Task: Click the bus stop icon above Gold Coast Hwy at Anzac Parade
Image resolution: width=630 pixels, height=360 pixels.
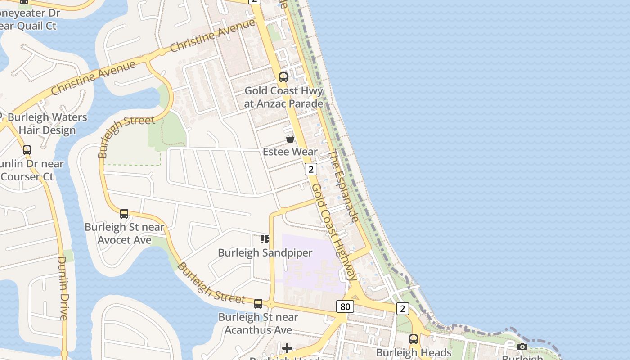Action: coord(283,77)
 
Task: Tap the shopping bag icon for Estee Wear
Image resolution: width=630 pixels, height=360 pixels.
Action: coord(290,139)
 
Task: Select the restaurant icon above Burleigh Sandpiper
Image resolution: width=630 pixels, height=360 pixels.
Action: coord(265,239)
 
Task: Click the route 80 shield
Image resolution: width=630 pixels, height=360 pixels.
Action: coord(345,307)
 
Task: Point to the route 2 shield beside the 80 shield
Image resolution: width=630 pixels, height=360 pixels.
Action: coord(402,308)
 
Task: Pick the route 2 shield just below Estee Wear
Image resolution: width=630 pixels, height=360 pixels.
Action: coord(310,169)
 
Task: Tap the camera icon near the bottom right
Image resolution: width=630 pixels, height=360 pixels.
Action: coord(522,346)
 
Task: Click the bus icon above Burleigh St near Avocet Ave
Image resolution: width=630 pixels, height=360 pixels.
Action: coord(124,213)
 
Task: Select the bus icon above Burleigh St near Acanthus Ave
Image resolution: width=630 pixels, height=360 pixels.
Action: coord(258,304)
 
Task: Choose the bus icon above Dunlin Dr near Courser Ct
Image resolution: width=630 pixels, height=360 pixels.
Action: coord(27,150)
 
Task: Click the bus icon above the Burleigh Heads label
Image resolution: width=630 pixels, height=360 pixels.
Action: coord(414,339)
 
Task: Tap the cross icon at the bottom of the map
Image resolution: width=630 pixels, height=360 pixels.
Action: coord(287,348)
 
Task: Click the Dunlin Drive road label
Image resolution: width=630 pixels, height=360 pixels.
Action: coord(63,288)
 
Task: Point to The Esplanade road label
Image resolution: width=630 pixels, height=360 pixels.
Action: coord(343,186)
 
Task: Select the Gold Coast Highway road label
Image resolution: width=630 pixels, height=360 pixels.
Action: coord(334,232)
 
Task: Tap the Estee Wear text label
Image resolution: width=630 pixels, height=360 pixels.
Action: coord(290,152)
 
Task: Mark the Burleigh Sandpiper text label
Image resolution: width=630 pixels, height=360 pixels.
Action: coord(265,252)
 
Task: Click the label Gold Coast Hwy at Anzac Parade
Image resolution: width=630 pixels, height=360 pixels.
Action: coord(283,97)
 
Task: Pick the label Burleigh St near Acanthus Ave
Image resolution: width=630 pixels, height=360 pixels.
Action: coord(258,324)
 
